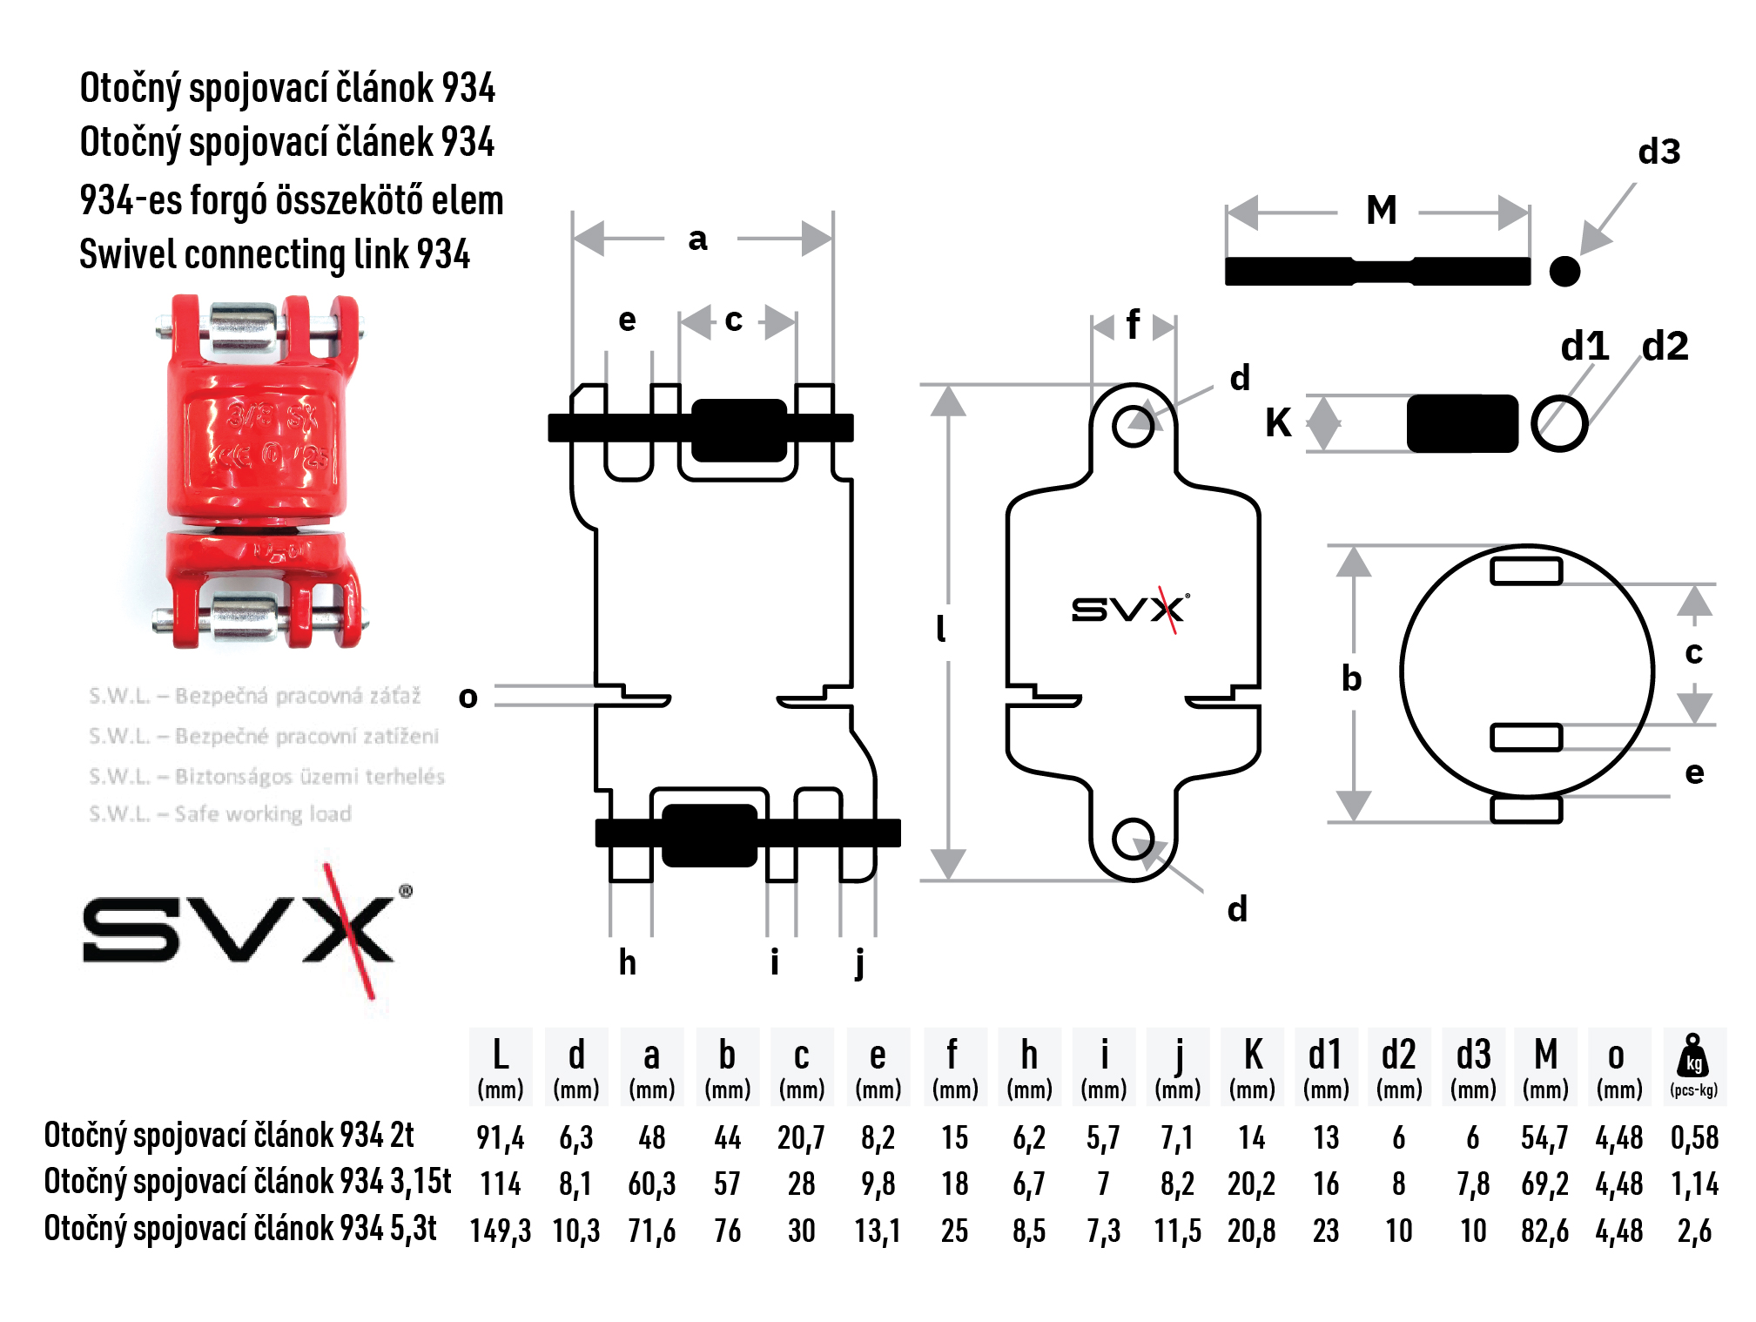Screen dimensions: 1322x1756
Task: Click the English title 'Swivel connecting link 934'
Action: pos(274,255)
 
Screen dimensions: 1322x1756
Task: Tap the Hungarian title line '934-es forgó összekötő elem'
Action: pos(291,200)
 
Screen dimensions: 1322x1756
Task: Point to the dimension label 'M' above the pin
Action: pos(1381,211)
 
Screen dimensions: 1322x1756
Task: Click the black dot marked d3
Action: pos(1564,272)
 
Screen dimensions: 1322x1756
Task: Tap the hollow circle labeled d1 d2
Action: pos(1558,423)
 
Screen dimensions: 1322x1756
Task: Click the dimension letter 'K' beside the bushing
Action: pos(1278,424)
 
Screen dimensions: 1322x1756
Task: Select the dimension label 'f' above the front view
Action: pos(1133,326)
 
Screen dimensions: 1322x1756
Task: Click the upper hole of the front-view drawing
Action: pos(1133,426)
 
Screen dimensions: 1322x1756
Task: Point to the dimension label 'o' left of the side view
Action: pos(468,697)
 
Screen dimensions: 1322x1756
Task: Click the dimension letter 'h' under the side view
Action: pos(627,962)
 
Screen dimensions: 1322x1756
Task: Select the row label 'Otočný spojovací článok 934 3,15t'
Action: pos(247,1183)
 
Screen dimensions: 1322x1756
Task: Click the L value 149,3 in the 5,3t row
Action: pos(500,1231)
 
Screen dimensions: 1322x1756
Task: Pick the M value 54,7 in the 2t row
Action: pos(1544,1137)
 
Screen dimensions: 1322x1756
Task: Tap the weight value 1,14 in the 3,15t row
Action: pos(1694,1184)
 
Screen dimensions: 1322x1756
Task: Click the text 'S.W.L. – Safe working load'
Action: pos(220,814)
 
